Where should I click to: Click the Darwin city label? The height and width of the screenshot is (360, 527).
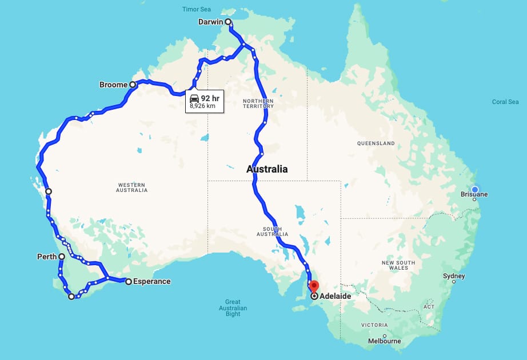(210, 22)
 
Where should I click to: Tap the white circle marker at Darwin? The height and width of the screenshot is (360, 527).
(228, 22)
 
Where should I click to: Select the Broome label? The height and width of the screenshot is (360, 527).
(113, 85)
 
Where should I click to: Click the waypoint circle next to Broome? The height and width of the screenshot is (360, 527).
(133, 85)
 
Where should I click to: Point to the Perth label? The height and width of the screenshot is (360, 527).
(47, 257)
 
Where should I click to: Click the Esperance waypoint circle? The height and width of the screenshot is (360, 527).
(129, 281)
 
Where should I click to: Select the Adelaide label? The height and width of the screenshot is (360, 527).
(336, 296)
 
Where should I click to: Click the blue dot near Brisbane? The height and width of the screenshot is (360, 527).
(475, 190)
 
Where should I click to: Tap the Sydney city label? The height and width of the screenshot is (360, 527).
(454, 276)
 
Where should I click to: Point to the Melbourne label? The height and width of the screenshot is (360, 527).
(384, 341)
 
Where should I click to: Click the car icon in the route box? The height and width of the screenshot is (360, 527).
(194, 98)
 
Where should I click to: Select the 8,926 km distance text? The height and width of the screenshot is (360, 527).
(203, 106)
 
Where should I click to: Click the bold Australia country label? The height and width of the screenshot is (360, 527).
(267, 169)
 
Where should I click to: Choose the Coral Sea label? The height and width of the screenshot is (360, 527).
(505, 102)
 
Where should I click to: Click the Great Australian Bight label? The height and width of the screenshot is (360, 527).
(233, 307)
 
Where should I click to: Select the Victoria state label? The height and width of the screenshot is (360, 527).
(374, 325)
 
